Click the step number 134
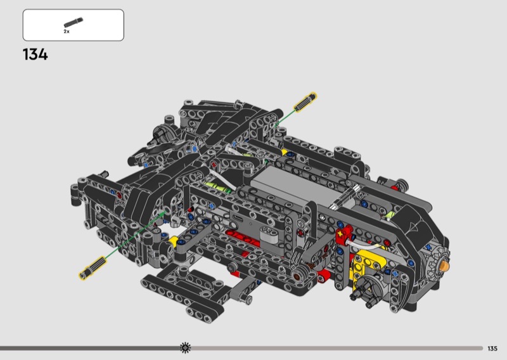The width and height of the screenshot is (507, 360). [35, 55]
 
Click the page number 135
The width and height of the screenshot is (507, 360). [492, 349]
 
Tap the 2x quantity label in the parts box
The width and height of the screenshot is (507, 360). [67, 32]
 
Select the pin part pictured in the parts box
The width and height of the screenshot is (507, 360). [74, 23]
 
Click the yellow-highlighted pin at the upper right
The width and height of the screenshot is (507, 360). [305, 101]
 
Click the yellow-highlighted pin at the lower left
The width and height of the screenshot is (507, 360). [92, 268]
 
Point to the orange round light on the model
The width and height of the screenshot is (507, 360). [445, 267]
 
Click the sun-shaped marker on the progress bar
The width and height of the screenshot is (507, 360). [185, 348]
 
